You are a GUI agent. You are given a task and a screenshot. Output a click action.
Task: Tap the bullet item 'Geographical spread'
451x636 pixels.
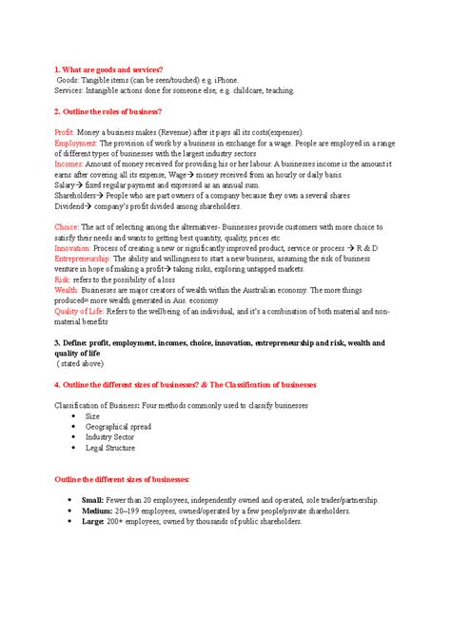(120, 427)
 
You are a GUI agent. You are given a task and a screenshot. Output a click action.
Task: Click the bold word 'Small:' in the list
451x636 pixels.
(92, 499)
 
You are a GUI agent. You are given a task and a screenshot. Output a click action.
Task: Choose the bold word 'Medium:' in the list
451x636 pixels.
(97, 510)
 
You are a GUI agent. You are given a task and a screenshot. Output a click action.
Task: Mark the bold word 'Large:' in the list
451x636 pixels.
(93, 521)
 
